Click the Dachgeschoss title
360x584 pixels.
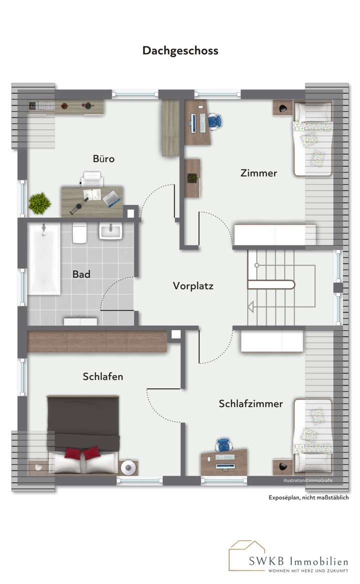[x=180, y=50]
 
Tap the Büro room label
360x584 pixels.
[x=103, y=159]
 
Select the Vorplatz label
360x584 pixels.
[x=193, y=286]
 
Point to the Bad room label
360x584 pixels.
[x=81, y=274]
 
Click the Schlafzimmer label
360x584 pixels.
[x=250, y=403]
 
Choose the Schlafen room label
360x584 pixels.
[x=102, y=377]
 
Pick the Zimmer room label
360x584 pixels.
[x=258, y=173]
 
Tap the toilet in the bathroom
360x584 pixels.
[x=79, y=233]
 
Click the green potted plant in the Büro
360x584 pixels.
[x=39, y=204]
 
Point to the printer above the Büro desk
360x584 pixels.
[x=92, y=177]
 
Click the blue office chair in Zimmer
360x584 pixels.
[x=215, y=121]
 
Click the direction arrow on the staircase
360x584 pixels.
[x=251, y=307]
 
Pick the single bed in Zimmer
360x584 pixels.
[x=312, y=138]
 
